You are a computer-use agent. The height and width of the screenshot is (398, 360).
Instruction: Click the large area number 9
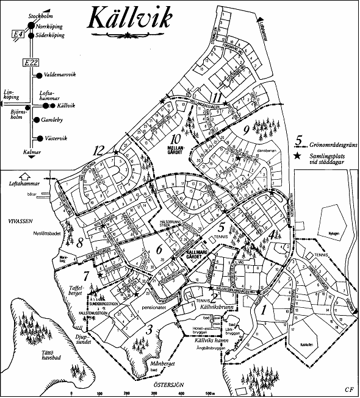tap(245, 129)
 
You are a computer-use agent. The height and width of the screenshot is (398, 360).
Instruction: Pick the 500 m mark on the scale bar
tap(209, 393)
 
